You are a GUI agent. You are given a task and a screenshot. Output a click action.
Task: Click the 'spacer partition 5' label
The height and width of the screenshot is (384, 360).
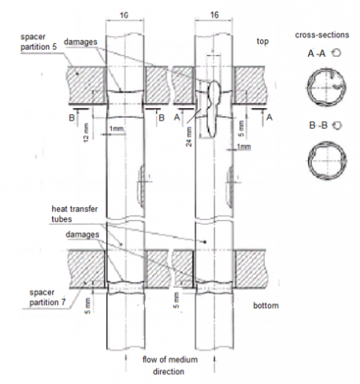pyautogui.click(x=38, y=42)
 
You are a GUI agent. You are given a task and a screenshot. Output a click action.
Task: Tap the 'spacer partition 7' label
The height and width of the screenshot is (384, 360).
pyautogui.click(x=47, y=298)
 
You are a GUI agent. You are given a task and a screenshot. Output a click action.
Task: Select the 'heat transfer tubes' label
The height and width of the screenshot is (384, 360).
pyautogui.click(x=74, y=214)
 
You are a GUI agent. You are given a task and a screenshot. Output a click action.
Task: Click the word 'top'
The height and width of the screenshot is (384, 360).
pyautogui.click(x=262, y=42)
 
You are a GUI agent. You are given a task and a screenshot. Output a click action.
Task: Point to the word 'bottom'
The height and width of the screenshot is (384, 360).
pyautogui.click(x=266, y=306)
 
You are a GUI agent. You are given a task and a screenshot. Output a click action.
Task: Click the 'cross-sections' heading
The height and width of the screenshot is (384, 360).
pyautogui.click(x=322, y=35)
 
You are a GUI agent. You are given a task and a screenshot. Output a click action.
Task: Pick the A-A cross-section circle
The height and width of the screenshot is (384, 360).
pyautogui.click(x=326, y=87)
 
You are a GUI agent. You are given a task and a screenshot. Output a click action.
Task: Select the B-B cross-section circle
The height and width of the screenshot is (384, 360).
pyautogui.click(x=327, y=161)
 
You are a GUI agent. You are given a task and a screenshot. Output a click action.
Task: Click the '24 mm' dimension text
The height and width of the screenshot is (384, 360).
pyautogui.click(x=189, y=137)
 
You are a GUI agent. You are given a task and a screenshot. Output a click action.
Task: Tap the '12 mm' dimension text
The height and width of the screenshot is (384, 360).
pyautogui.click(x=86, y=133)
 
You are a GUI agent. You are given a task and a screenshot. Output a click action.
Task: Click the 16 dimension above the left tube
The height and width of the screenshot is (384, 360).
pyautogui.click(x=124, y=15)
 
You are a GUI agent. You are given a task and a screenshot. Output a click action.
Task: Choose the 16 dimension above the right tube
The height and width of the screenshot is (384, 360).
pyautogui.click(x=214, y=14)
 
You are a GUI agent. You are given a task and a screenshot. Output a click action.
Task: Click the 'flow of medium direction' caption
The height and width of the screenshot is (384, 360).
pyautogui.click(x=170, y=366)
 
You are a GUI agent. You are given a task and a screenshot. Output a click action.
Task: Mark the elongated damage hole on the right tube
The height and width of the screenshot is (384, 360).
pyautogui.click(x=214, y=109)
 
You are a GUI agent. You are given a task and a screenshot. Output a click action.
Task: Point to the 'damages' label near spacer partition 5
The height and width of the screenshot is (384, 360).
pyautogui.click(x=81, y=42)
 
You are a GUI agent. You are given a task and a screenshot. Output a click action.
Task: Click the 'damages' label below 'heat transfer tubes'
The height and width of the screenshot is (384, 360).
pyautogui.click(x=82, y=234)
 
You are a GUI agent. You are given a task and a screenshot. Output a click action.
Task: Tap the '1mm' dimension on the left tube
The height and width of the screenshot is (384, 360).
pyautogui.click(x=117, y=129)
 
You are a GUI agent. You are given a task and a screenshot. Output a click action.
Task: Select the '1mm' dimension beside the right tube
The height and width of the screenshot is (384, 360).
pyautogui.click(x=244, y=146)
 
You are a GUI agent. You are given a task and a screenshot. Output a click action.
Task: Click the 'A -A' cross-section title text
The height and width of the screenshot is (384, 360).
pyautogui.click(x=317, y=54)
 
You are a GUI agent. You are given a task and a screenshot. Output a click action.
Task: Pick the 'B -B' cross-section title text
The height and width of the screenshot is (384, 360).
pyautogui.click(x=318, y=125)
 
